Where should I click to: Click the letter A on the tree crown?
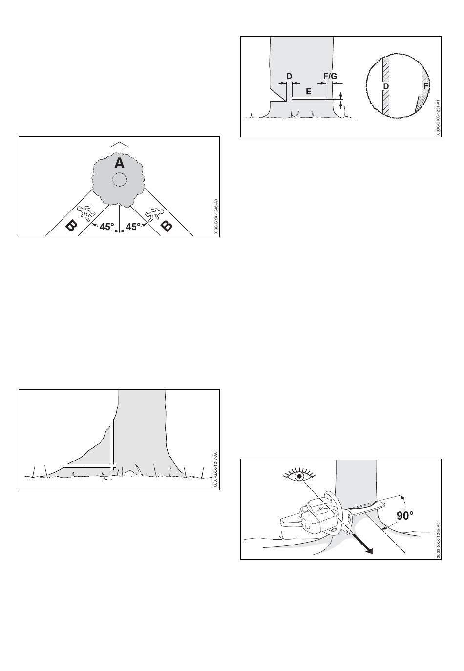pyautogui.click(x=119, y=163)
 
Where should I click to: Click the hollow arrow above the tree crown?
pyautogui.click(x=119, y=145)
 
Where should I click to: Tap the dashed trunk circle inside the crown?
pyautogui.click(x=119, y=180)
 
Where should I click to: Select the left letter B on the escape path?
pyautogui.click(x=71, y=225)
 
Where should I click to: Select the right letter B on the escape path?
pyautogui.click(x=167, y=225)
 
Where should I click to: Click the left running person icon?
pyautogui.click(x=86, y=213)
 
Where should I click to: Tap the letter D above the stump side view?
pyautogui.click(x=289, y=76)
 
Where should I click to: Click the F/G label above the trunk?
pyautogui.click(x=330, y=76)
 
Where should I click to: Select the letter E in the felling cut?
pyautogui.click(x=309, y=91)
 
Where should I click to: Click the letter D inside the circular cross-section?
pyautogui.click(x=386, y=86)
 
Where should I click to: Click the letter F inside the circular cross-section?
pyautogui.click(x=425, y=87)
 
